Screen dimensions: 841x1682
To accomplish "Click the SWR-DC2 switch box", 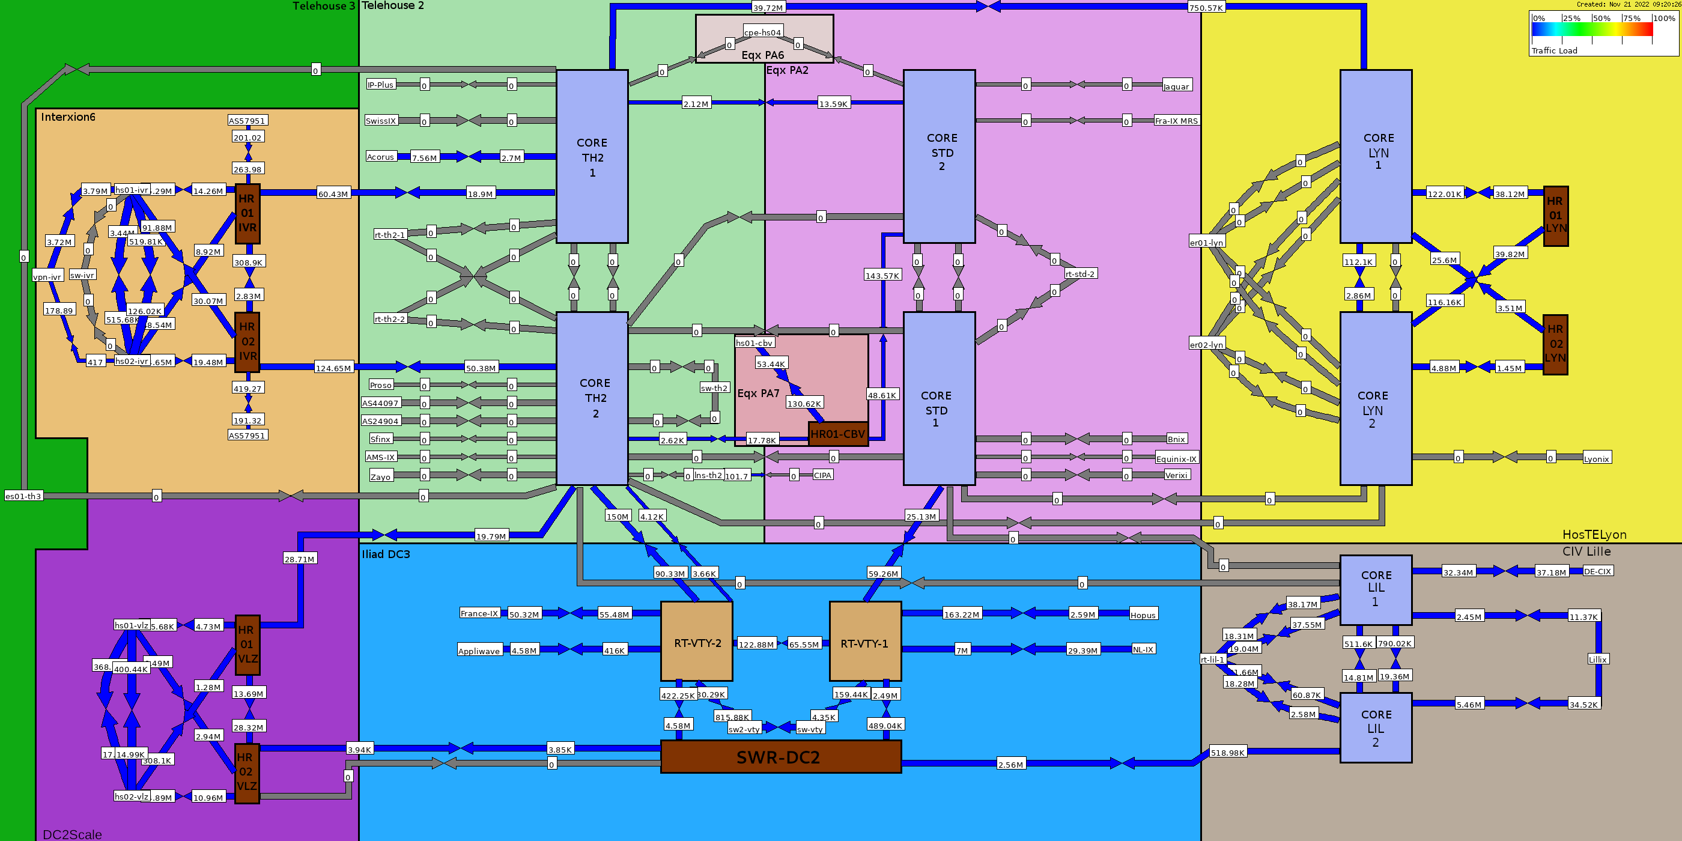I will pos(781,757).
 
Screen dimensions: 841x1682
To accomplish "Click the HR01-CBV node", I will pos(838,434).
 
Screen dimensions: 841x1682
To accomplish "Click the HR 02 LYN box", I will pos(1555,345).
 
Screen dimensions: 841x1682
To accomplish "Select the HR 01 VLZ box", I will pos(247,645).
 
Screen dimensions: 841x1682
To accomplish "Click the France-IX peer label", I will pos(479,613).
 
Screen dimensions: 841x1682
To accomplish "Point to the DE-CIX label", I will pos(1598,571).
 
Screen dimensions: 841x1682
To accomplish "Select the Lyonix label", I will pos(1597,458).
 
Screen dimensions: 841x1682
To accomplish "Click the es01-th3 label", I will pos(23,496).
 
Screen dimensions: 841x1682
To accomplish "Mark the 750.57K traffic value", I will pos(1206,8).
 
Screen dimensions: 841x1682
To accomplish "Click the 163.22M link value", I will pos(962,615).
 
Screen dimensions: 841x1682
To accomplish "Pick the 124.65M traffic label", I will pos(333,368).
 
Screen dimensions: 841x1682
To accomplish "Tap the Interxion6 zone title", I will pos(68,117).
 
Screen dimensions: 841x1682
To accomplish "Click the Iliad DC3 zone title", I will pos(386,554).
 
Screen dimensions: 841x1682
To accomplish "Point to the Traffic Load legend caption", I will pos(1554,50).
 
